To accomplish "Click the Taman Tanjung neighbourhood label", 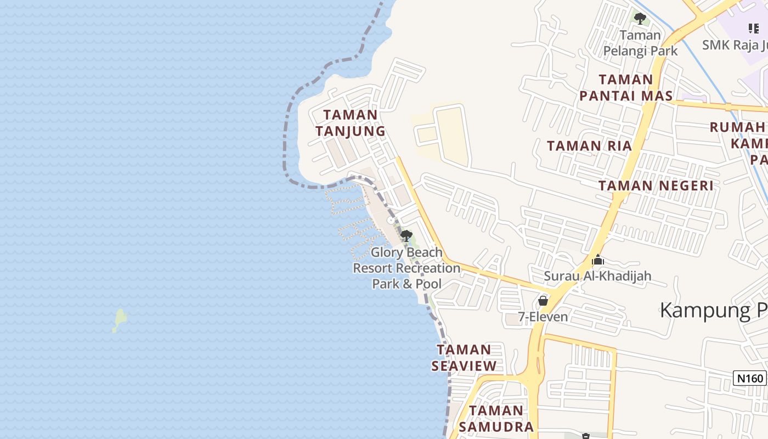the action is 350,123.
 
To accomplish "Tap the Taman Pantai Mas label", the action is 626,88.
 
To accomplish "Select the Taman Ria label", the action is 589,146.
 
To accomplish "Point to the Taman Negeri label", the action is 656,185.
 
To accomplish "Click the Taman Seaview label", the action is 464,358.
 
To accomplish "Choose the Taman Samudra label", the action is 496,419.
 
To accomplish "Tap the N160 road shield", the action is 749,378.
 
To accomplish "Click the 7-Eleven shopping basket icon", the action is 543,301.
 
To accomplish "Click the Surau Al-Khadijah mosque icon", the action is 598,260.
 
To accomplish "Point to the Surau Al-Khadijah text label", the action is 597,275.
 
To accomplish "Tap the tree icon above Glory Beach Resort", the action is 406,237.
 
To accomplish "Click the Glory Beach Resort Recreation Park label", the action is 406,268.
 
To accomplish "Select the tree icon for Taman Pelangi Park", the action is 640,19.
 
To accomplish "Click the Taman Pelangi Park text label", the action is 640,43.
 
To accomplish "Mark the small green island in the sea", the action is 120,319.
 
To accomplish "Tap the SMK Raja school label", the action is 734,44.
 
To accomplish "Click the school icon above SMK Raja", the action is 754,28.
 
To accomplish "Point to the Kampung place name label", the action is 713,310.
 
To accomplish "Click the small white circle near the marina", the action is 391,220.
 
